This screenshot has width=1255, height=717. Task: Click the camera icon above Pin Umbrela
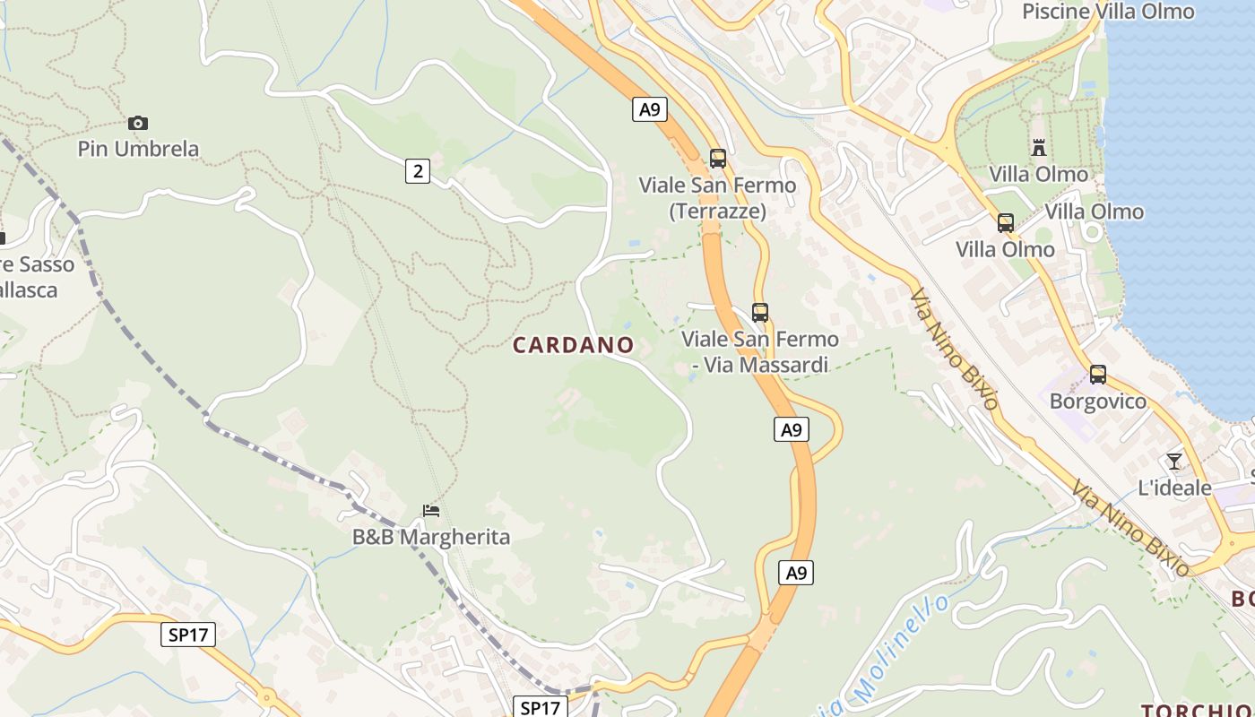pos(138,123)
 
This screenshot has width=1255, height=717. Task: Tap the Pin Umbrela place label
pos(138,149)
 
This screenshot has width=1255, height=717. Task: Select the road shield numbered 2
pos(417,170)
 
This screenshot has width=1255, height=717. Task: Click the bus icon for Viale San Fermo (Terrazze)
pos(717,159)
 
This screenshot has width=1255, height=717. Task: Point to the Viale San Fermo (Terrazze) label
pos(717,198)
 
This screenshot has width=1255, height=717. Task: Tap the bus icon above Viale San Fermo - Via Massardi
pos(760,313)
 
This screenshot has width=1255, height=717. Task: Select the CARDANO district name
pos(573,345)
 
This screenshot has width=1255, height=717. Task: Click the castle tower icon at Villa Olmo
pos(1039,147)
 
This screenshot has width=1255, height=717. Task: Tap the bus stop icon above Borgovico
pos(1098,375)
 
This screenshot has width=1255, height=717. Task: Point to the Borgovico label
pos(1098,402)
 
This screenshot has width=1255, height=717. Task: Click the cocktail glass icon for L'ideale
pos(1174,462)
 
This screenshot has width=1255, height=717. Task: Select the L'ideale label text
pos(1174,488)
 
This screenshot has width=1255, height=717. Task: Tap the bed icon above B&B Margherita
pos(431,511)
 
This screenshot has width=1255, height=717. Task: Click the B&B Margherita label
pos(431,538)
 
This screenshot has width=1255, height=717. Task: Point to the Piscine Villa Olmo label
pos(1108,12)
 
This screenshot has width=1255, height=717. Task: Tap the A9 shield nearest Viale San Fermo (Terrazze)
pos(650,109)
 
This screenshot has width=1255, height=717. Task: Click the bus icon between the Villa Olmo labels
pos(1006,223)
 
